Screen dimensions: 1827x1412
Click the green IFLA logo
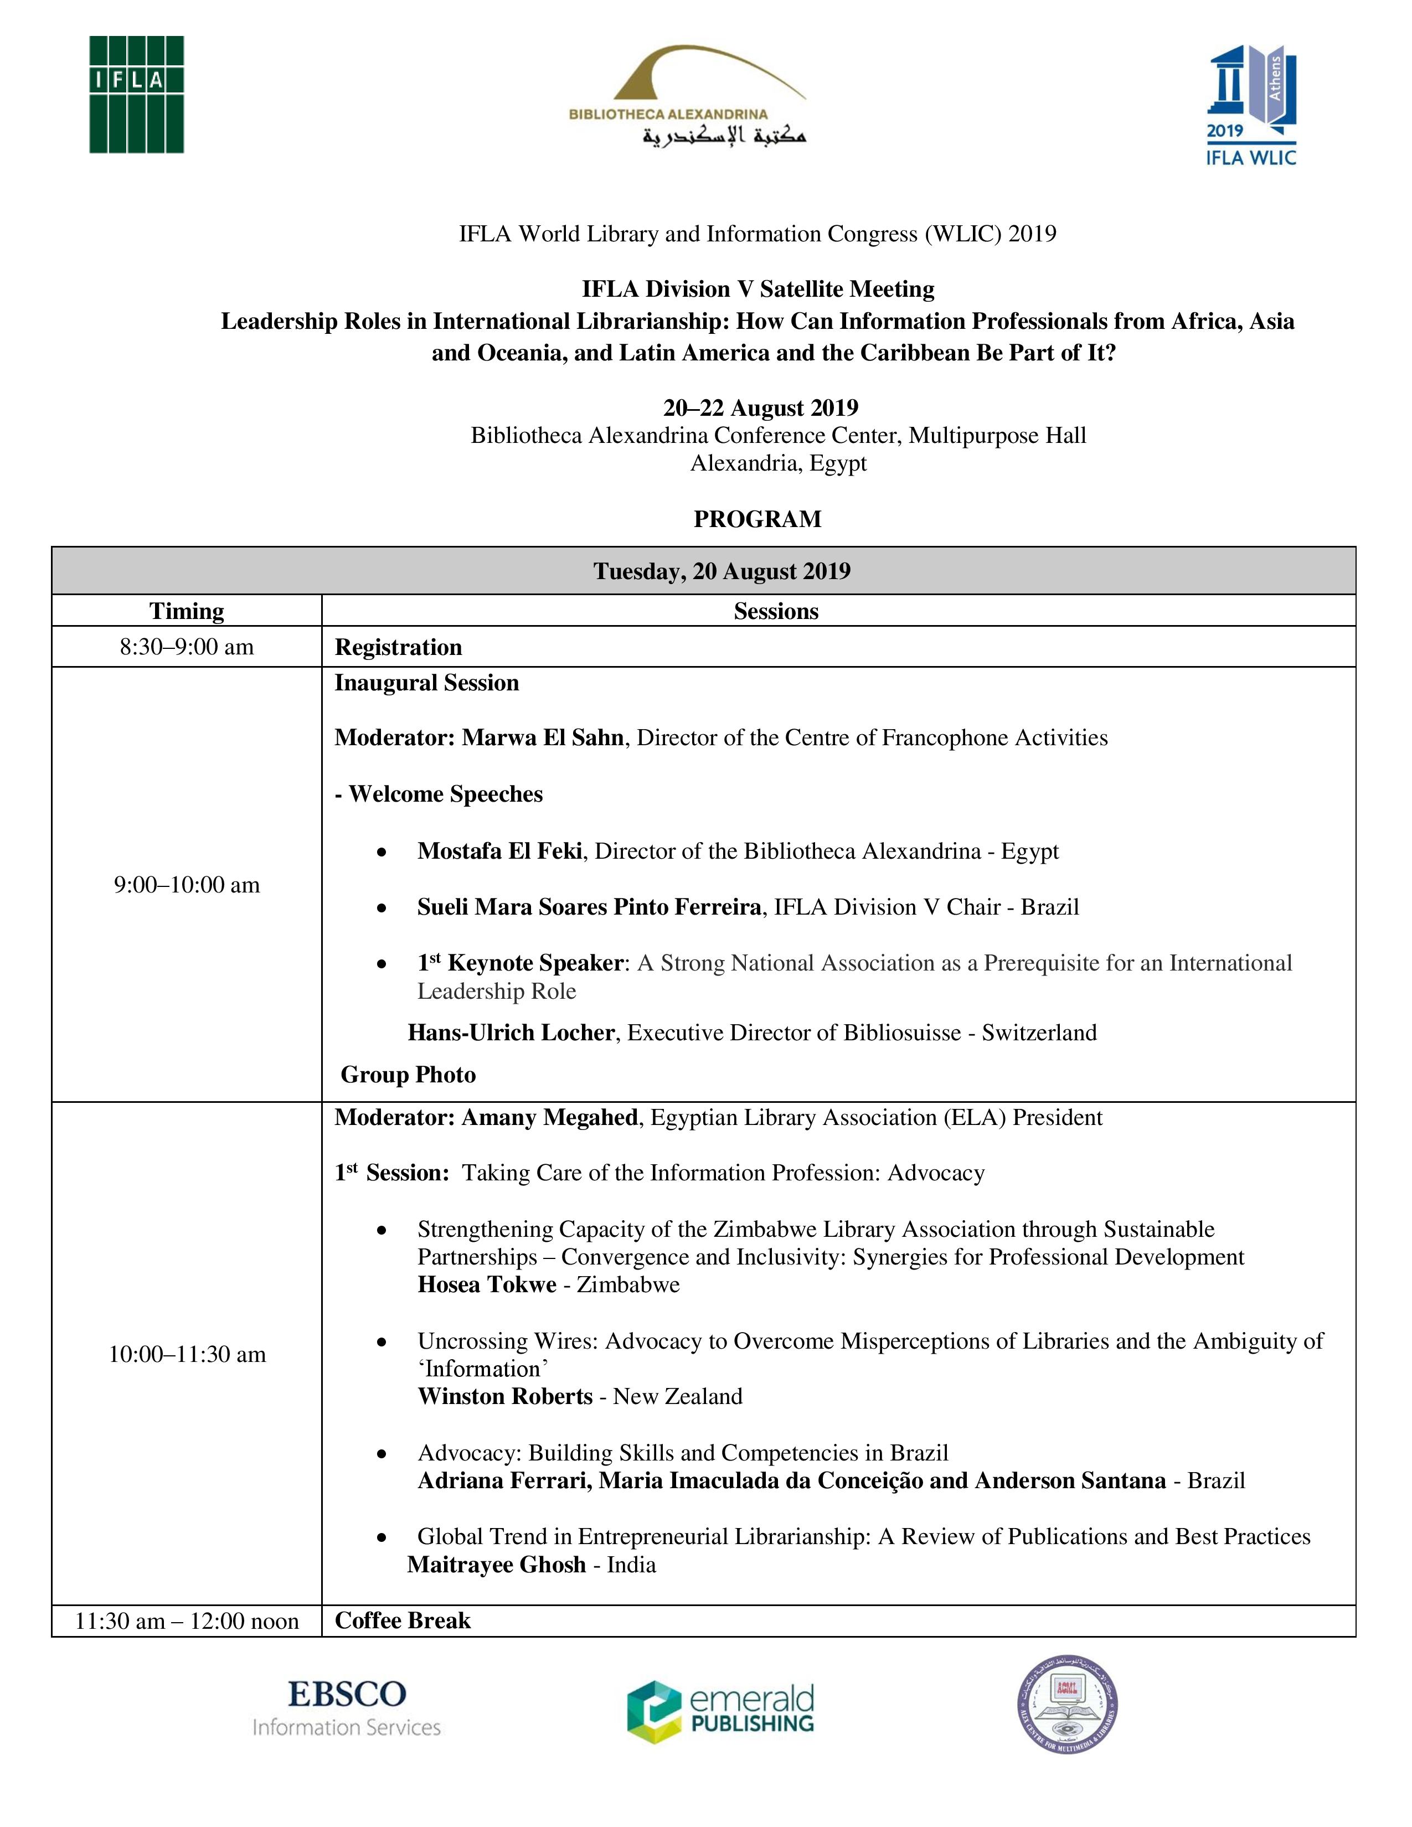pyautogui.click(x=136, y=95)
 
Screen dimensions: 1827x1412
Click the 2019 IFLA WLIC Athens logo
pyautogui.click(x=1250, y=106)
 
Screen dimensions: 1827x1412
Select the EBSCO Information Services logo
pyautogui.click(x=346, y=1707)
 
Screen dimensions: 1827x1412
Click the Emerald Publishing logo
pyautogui.click(x=720, y=1711)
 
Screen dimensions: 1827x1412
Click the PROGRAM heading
pyautogui.click(x=757, y=519)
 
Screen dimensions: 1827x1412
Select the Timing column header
pyautogui.click(x=187, y=612)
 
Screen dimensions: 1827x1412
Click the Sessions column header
pyautogui.click(x=775, y=612)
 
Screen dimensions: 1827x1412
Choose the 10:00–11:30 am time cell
pyautogui.click(x=187, y=1354)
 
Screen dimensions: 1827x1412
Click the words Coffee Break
pyautogui.click(x=403, y=1620)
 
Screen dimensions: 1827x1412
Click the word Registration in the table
pyautogui.click(x=398, y=648)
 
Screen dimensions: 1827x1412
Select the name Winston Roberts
pyautogui.click(x=505, y=1396)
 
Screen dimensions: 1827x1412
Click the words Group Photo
pyautogui.click(x=408, y=1075)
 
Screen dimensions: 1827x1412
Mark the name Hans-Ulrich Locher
pyautogui.click(x=511, y=1033)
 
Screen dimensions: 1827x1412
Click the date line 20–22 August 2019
pyautogui.click(x=760, y=407)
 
